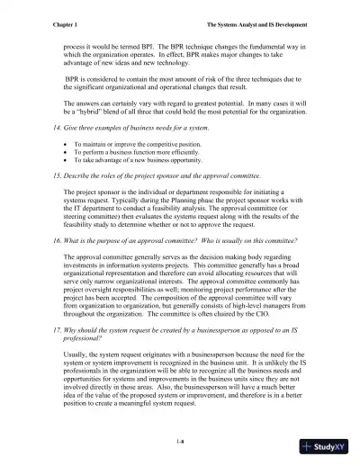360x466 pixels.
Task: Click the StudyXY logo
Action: (327, 446)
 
